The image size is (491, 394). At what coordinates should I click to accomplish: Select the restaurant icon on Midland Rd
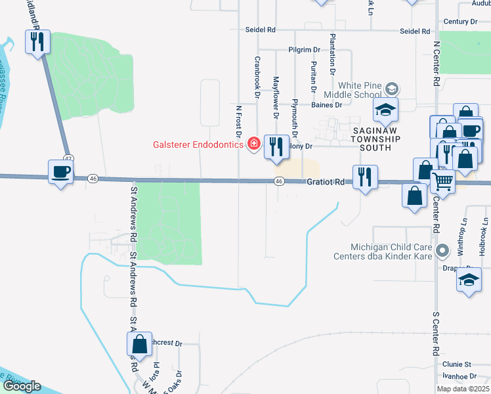pos(37,43)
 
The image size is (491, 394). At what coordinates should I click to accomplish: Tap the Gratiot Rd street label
pos(325,181)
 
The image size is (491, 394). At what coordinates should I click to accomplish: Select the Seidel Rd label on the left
pos(261,30)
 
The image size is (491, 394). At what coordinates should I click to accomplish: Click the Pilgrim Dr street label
pos(303,49)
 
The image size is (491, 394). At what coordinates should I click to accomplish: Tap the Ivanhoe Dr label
pos(458,376)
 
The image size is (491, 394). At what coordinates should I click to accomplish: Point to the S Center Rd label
pos(435,335)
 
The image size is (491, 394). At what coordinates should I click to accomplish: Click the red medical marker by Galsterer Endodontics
pos(253,144)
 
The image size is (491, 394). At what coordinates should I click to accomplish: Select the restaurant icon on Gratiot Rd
pos(364,176)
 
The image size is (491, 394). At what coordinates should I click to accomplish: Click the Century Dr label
pos(461,22)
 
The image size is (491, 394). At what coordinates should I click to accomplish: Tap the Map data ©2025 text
pos(462,389)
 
